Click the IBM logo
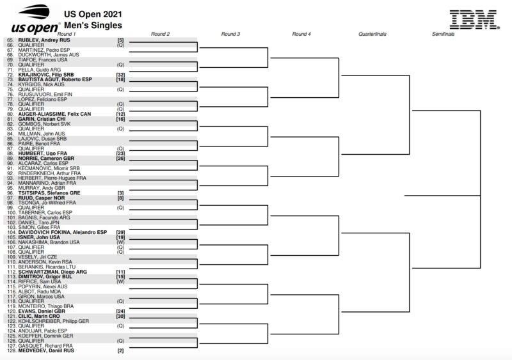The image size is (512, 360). pyautogui.click(x=474, y=19)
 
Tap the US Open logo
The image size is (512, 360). pyautogui.click(x=36, y=19)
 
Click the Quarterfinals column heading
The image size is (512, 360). pyautogui.click(x=372, y=34)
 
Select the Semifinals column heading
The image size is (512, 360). pyautogui.click(x=443, y=34)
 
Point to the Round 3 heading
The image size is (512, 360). pyautogui.click(x=230, y=34)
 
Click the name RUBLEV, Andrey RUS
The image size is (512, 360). pyautogui.click(x=44, y=40)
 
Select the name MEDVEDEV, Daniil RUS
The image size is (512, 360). pyautogui.click(x=46, y=350)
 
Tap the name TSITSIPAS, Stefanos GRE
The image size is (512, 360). pyautogui.click(x=49, y=193)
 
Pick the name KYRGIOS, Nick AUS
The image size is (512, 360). pyautogui.click(x=41, y=84)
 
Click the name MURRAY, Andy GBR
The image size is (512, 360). pyautogui.click(x=42, y=188)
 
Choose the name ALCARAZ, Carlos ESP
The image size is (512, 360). pyautogui.click(x=43, y=163)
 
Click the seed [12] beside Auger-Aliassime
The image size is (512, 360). pyautogui.click(x=120, y=114)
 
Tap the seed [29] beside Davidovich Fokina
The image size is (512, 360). pyautogui.click(x=120, y=232)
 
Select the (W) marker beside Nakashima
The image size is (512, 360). pyautogui.click(x=120, y=242)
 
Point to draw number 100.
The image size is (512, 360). pyautogui.click(x=12, y=212)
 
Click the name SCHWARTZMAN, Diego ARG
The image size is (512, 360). pyautogui.click(x=52, y=272)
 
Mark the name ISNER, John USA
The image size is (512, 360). pyautogui.click(x=39, y=237)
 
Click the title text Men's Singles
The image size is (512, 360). pyautogui.click(x=93, y=25)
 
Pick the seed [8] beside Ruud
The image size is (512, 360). pyautogui.click(x=120, y=198)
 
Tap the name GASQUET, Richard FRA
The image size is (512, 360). pyautogui.click(x=45, y=346)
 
